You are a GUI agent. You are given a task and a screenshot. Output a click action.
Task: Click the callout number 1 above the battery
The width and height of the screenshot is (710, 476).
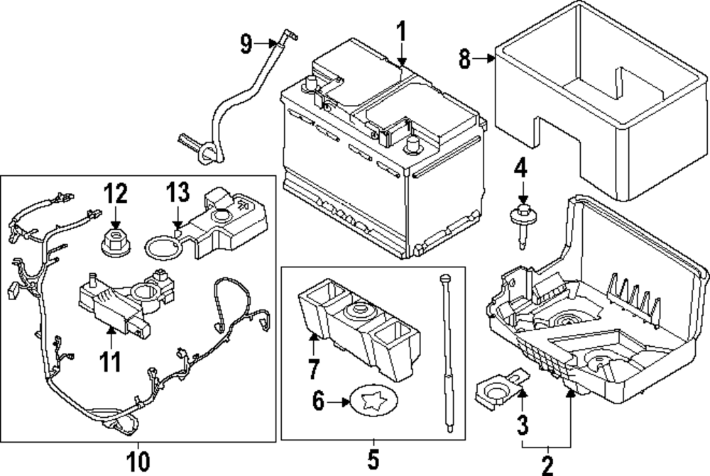400,32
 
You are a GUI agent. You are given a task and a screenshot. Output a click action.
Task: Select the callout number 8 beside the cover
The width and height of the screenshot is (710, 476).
465,60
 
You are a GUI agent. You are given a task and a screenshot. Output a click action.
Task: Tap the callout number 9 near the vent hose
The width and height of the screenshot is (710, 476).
246,44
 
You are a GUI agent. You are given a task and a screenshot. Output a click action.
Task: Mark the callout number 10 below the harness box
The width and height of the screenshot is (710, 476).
138,461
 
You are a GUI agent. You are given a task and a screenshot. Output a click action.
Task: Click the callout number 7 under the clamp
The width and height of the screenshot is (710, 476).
314,369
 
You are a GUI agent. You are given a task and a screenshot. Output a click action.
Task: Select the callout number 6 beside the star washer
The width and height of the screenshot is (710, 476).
317,402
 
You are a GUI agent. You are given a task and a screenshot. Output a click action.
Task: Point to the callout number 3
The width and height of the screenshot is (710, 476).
522,425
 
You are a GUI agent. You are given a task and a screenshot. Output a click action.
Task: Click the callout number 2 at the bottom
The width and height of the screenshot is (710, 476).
547,465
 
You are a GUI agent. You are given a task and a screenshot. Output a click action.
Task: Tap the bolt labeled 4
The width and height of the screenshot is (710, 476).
523,221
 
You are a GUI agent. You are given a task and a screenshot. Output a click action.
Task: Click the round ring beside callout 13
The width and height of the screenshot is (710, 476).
161,248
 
